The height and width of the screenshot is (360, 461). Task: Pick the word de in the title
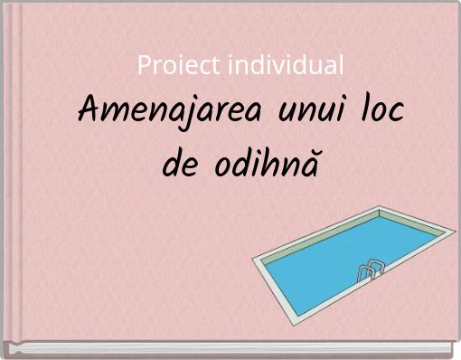click(182, 165)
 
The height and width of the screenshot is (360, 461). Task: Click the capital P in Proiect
click(143, 65)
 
